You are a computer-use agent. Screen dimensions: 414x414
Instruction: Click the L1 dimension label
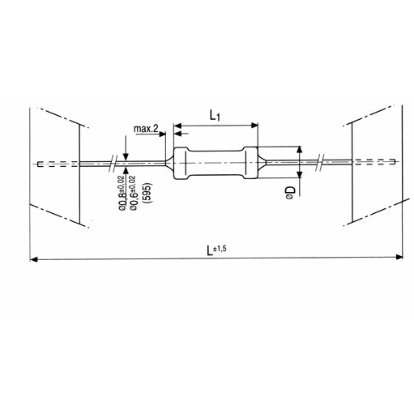pos(215,116)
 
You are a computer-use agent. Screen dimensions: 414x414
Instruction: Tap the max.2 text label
pos(146,129)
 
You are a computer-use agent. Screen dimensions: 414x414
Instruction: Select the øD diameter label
pos(290,193)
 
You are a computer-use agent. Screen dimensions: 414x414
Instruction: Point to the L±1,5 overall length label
pos(216,250)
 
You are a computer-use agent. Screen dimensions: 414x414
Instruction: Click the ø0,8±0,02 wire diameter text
pos(122,193)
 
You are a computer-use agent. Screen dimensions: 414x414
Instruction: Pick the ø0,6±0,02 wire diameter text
pos(133,193)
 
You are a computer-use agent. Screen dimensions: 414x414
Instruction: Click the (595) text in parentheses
pos(148,193)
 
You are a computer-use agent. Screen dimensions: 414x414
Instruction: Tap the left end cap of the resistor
pos(181,164)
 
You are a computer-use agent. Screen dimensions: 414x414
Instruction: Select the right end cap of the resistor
pos(251,163)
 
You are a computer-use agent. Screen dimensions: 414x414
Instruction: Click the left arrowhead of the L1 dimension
pos(177,126)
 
